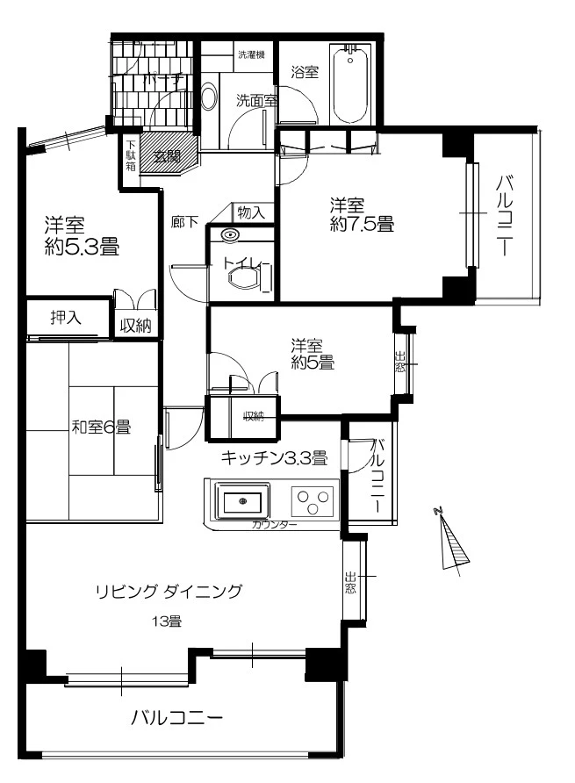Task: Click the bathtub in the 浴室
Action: pos(355,86)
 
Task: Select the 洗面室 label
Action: pos(255,100)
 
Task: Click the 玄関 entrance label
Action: pos(167,157)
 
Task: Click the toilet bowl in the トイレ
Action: pos(243,278)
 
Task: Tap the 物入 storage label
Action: pos(252,212)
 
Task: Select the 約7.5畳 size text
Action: pos(362,225)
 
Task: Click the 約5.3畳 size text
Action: pos(82,247)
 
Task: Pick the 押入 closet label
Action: pos(66,317)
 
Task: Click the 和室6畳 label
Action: pos(101,427)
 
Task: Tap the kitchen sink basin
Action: pos(241,502)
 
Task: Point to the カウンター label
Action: pos(274,525)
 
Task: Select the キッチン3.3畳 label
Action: pos(274,456)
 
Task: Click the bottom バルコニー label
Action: pos(177,718)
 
